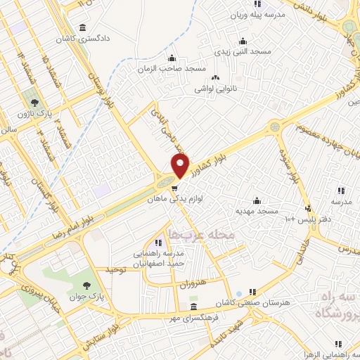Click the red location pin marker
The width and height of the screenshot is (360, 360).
click(180, 167)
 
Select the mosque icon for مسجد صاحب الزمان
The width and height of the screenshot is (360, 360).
click(172, 58)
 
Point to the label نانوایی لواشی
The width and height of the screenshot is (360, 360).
click(214, 89)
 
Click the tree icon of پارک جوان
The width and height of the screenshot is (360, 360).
click(86, 285)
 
